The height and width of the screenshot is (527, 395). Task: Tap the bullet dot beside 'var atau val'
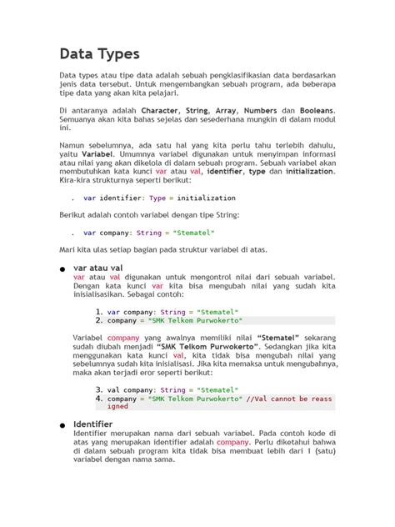[62, 269]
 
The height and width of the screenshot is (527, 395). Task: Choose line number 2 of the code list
[99, 321]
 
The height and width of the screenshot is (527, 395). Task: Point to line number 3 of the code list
[99, 389]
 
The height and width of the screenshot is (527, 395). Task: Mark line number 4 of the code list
[99, 399]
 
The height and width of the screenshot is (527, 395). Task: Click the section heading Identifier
[93, 424]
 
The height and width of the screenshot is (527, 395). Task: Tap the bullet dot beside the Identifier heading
[62, 425]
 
